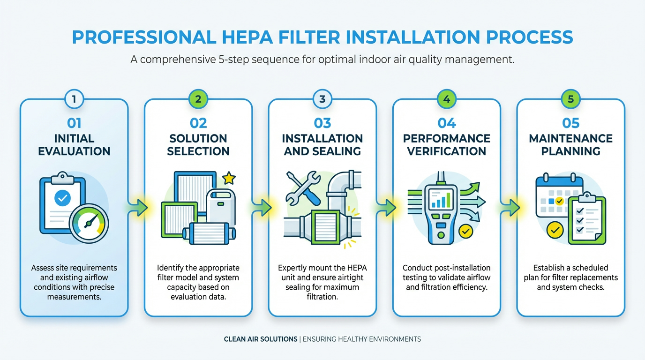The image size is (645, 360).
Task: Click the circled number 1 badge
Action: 74,99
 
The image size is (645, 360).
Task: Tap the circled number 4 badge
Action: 447,99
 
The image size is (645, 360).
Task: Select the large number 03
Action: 322,123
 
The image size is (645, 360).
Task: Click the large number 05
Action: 571,123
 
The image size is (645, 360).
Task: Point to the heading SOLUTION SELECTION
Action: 198,145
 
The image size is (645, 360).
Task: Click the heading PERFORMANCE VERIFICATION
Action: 447,145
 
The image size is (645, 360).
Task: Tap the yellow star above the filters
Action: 229,178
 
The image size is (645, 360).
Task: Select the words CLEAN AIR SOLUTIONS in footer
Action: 261,339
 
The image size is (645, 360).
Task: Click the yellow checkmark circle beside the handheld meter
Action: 465,231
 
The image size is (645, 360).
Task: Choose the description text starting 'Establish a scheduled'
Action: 571,277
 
